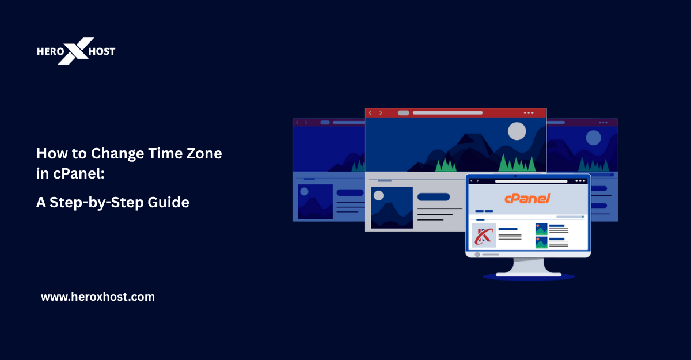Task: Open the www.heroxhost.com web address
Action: coord(98,297)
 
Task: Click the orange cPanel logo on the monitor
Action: coord(527,198)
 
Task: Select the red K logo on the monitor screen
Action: coord(484,236)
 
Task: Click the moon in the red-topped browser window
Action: coord(517,131)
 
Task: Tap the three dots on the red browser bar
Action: coord(529,113)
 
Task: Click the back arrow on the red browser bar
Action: coord(370,113)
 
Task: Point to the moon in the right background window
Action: coord(593,138)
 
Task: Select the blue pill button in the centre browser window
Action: coord(433,196)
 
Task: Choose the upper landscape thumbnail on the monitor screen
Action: coord(541,229)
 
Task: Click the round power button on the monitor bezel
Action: coord(477,254)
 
